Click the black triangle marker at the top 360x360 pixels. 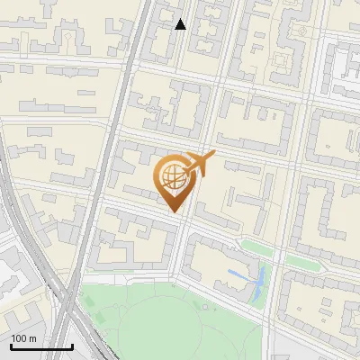181,24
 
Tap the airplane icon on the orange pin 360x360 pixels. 199,163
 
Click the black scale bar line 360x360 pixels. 41,346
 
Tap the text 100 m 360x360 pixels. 24,337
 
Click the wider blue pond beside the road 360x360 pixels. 258,284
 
